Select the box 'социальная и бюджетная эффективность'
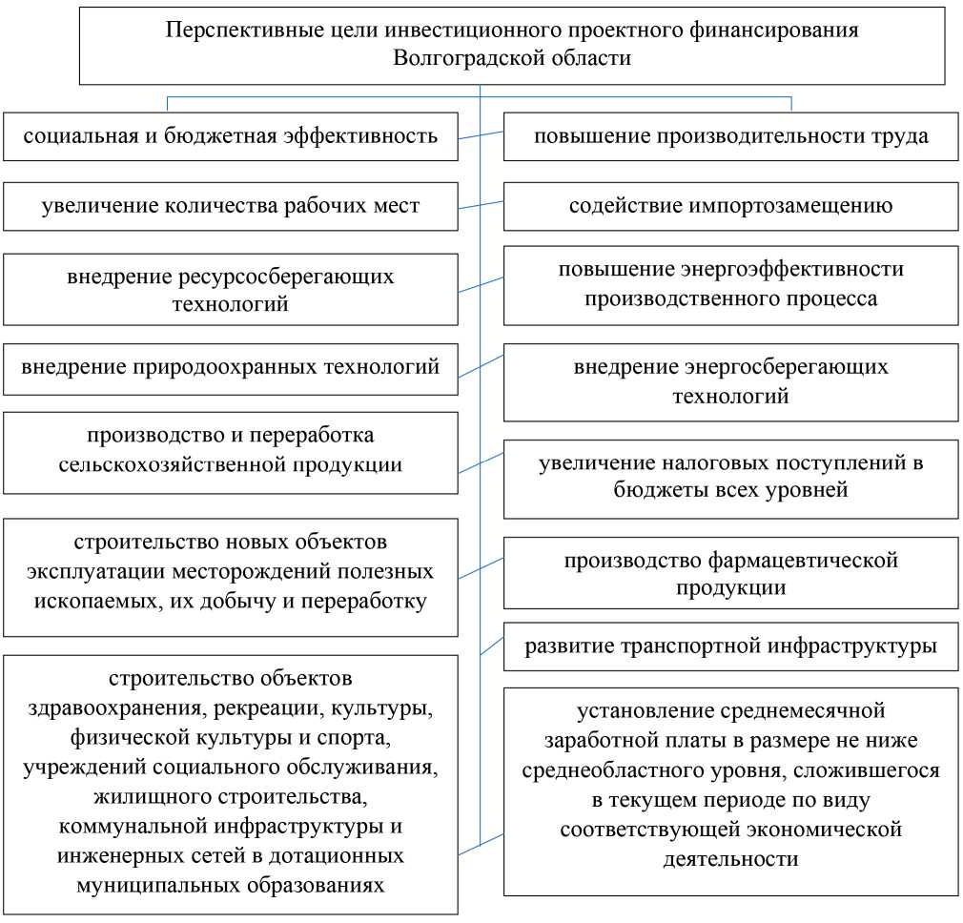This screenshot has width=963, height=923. point(231,135)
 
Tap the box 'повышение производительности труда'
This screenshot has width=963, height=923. point(730,135)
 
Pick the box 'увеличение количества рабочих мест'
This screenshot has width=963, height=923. point(231,206)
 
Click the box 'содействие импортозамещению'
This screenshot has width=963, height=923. point(730,206)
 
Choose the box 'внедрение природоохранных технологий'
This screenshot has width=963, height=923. point(231,366)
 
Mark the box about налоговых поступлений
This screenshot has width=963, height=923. point(730,478)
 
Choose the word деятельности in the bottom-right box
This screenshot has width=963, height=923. point(730,858)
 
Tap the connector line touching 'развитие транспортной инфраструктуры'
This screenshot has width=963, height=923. point(492,645)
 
